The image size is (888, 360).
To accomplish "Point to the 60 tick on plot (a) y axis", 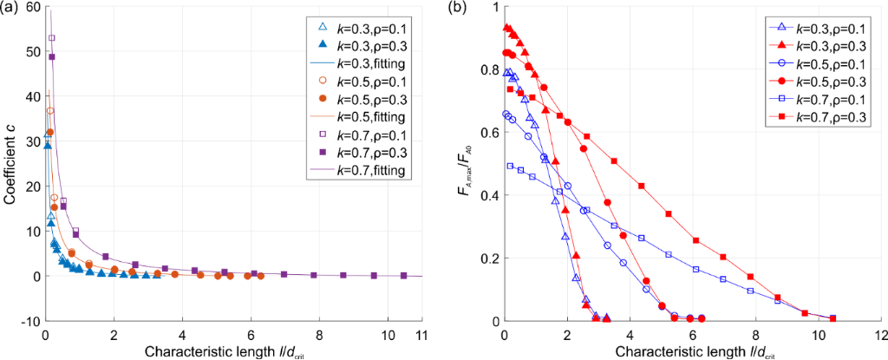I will click(x=33, y=6).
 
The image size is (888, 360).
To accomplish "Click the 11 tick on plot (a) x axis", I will click(x=421, y=333).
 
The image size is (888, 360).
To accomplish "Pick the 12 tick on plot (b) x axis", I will click(x=881, y=333).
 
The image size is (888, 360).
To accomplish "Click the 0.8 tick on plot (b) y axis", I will click(x=488, y=69).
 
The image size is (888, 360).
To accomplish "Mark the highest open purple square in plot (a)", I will click(x=52, y=38).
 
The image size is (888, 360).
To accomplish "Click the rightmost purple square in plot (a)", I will click(x=404, y=275).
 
